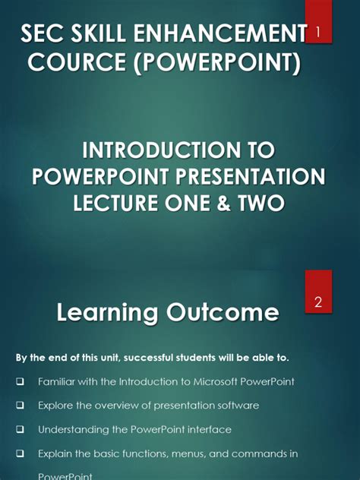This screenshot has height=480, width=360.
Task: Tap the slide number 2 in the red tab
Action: [x=319, y=302]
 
